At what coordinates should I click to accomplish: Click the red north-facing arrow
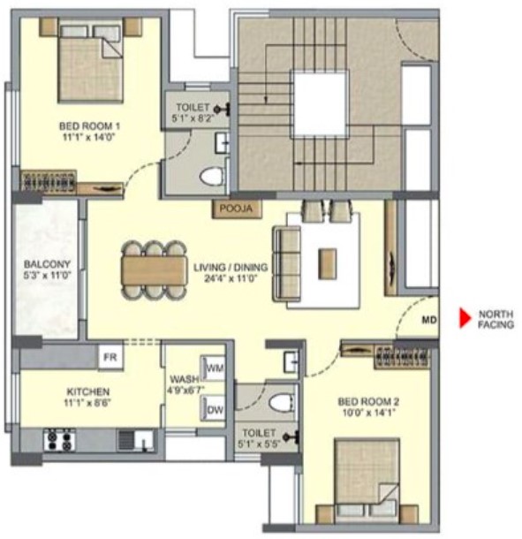point(465,318)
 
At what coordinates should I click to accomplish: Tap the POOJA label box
point(237,209)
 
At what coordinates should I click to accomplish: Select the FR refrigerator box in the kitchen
point(110,357)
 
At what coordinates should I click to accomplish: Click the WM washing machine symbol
point(213,368)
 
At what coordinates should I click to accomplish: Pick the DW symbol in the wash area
point(213,409)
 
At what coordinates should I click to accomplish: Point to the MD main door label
point(429,320)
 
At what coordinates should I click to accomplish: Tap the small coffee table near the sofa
point(327,263)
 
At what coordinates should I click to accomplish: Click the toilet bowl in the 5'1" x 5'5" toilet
point(282,403)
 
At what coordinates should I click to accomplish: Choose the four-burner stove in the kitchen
point(59,440)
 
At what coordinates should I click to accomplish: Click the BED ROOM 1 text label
point(89,125)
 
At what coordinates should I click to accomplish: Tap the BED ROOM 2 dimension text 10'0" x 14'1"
point(368,412)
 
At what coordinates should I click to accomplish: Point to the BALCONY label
point(47,264)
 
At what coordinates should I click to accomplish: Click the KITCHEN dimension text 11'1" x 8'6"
point(88,402)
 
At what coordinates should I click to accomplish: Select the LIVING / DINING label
point(231,267)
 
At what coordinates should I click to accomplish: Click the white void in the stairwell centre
point(320,103)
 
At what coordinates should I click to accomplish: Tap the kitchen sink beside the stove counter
point(137,440)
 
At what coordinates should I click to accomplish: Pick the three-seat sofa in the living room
point(286,263)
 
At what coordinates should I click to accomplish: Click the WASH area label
point(185,379)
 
